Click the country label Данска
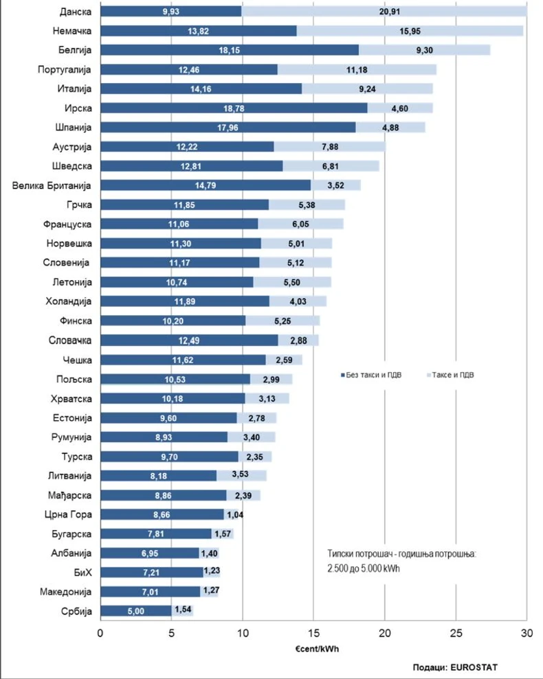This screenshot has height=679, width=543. pyautogui.click(x=76, y=12)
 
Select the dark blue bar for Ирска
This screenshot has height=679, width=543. pyautogui.click(x=234, y=108)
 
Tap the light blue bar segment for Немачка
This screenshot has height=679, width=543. pyautogui.click(x=410, y=31)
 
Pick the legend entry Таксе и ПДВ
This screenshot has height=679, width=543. pyautogui.click(x=453, y=376)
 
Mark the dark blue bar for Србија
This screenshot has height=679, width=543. pyautogui.click(x=136, y=610)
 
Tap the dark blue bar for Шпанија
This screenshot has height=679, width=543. pyautogui.click(x=228, y=127)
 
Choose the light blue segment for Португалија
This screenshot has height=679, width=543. pyautogui.click(x=357, y=69)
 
